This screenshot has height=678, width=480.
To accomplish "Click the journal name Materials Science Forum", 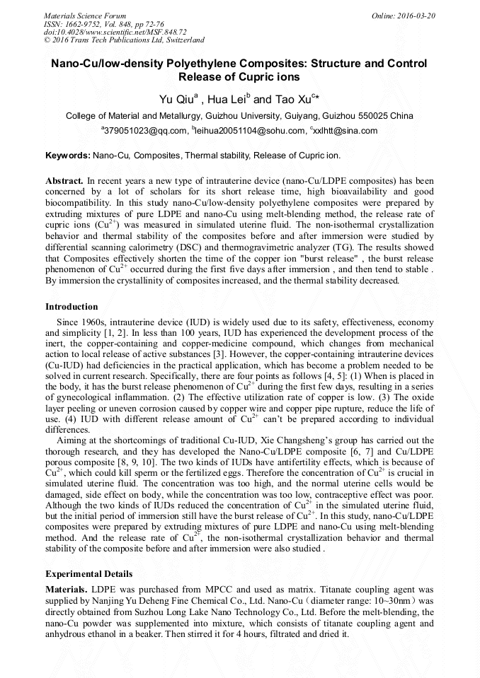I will pyautogui.click(x=85, y=16).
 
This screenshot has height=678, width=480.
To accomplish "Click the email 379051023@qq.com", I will pyautogui.click(x=146, y=131).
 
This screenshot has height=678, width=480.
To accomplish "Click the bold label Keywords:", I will pyautogui.click(x=68, y=154).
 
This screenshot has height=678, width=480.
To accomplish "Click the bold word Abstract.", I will pyautogui.click(x=64, y=181).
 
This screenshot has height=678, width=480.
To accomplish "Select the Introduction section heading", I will pyautogui.click(x=72, y=307).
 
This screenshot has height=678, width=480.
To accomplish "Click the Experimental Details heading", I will pyautogui.click(x=88, y=573).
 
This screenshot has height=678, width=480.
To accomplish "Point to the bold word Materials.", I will pyautogui.click(x=67, y=589).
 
